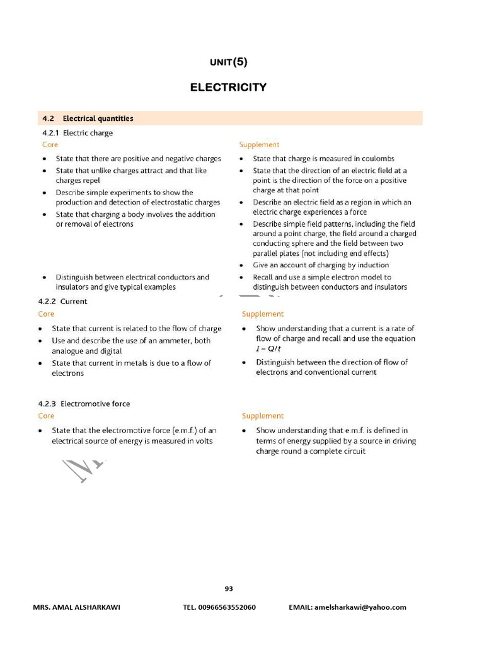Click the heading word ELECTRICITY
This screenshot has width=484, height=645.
point(228,88)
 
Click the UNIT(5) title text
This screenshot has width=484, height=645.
point(228,62)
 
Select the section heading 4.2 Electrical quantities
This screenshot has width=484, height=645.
point(88,118)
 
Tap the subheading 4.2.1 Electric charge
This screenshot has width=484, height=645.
point(78,133)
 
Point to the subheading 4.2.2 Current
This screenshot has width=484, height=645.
point(62,301)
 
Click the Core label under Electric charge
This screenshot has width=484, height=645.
point(50,145)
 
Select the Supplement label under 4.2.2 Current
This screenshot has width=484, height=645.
point(263,314)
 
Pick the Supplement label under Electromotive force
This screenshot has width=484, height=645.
point(263,416)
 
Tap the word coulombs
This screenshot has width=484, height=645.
point(377,159)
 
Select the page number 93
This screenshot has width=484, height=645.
point(229,589)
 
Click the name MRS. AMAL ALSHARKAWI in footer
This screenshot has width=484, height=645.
point(76,607)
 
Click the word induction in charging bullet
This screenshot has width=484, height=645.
point(373,265)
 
